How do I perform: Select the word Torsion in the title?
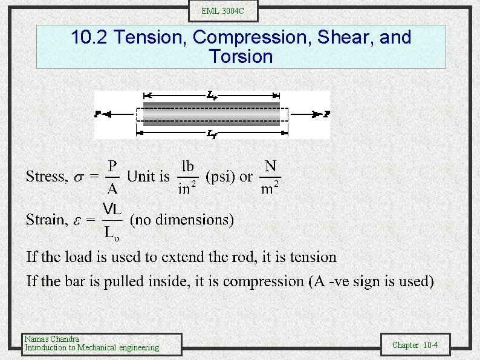coord(241,57)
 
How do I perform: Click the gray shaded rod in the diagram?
coord(212,114)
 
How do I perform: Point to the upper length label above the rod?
coord(212,94)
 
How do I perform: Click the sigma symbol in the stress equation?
coord(77,177)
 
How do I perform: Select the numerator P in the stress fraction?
coord(112,166)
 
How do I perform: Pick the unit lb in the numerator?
coord(188,166)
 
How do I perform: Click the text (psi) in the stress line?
coord(221,177)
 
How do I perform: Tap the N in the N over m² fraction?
coord(270,165)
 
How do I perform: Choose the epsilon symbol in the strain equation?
coord(76,220)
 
